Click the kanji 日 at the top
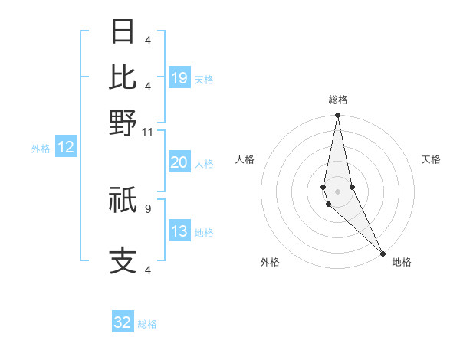123,32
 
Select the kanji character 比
123,77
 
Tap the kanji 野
123,123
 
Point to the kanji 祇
123,201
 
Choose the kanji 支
123,260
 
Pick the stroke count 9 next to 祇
147,207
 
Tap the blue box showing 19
179,78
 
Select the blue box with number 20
179,162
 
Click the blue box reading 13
179,231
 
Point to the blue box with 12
66,147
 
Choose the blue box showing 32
123,322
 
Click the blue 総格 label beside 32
147,324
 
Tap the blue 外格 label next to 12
40,149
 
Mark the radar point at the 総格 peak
337,116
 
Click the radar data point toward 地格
383,252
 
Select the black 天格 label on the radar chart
431,159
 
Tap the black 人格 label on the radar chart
245,159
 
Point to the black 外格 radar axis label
270,262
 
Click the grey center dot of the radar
337,191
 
